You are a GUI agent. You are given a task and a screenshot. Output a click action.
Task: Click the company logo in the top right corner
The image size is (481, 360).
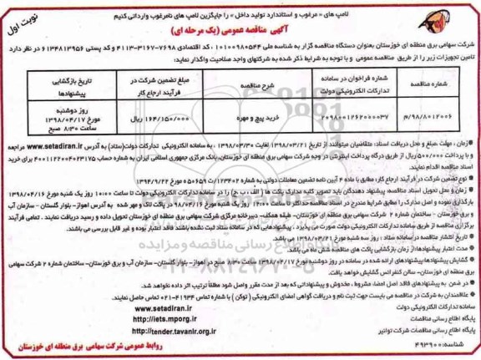click(450, 20)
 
